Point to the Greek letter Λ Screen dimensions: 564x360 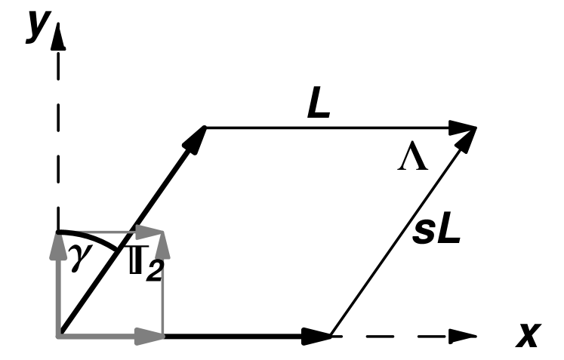[x=413, y=159]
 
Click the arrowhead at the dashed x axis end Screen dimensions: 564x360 [x=464, y=334]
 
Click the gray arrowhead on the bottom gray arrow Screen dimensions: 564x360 [x=154, y=334]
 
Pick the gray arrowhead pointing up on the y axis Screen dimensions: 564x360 [x=58, y=242]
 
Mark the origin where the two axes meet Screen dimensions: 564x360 [x=58, y=334]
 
